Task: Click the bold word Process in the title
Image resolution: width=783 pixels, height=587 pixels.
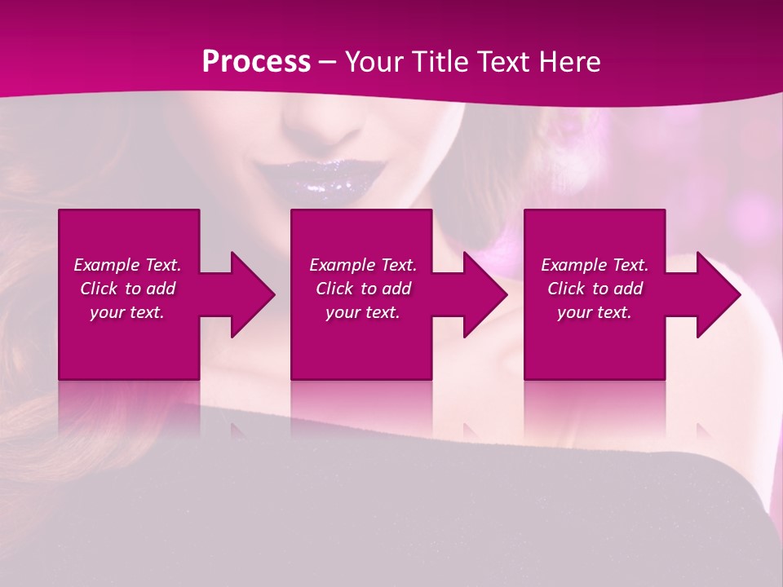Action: coord(256,62)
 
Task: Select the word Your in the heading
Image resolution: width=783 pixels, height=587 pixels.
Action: coord(374,62)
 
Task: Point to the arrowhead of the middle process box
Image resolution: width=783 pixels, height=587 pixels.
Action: coord(484,294)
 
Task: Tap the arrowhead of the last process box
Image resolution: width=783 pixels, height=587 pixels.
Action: coord(718,294)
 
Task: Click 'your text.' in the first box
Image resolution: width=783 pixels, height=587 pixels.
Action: coord(127,312)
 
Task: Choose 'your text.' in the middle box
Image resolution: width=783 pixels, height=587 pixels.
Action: coord(362,312)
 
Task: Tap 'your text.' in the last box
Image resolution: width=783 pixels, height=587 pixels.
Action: coord(595,312)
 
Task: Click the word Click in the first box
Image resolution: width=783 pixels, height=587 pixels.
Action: coord(99,289)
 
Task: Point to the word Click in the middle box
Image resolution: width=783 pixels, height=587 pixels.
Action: coord(334,289)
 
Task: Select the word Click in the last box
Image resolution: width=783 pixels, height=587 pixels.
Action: coord(567,289)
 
